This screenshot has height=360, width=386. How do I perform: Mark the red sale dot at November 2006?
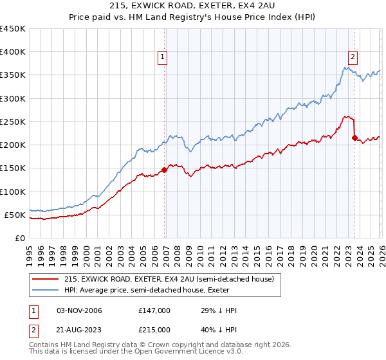point(164,170)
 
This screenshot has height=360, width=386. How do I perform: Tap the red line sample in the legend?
point(46,279)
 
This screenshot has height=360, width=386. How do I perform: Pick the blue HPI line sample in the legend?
point(46,290)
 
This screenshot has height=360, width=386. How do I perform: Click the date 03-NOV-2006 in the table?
point(79,310)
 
